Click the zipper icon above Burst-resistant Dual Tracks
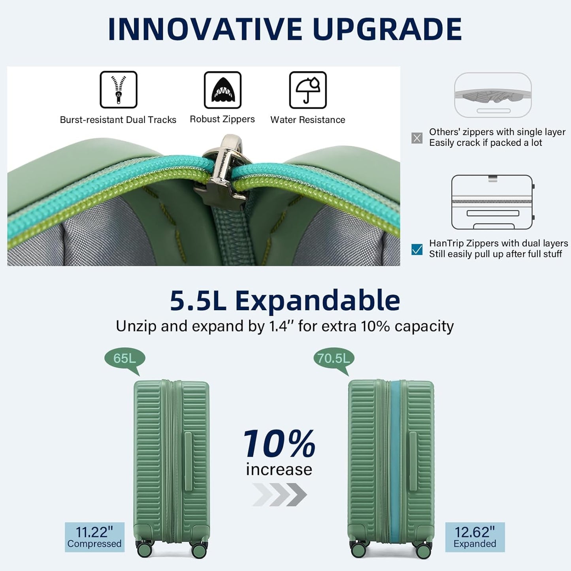coord(118,89)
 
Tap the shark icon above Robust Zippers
coord(222,90)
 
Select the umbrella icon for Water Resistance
coord(308,90)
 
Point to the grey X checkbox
coord(417,138)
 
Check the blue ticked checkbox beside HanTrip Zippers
coord(417,249)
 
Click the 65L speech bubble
coord(124,359)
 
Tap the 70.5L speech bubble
coord(334,359)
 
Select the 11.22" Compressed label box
coord(94,537)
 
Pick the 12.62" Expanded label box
coord(475,537)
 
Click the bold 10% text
coord(279,444)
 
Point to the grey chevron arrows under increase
coord(279,494)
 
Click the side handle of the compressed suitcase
coord(188,461)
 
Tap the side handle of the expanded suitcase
coord(413,461)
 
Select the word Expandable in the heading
coord(317,301)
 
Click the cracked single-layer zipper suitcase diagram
coord(493,95)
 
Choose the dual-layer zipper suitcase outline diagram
coord(492,202)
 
